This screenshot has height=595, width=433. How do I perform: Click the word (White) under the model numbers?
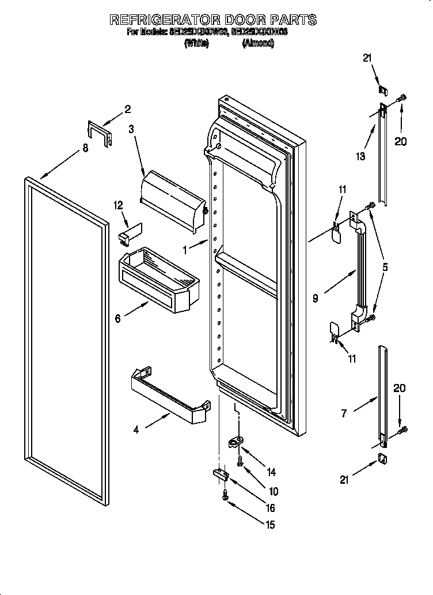[195, 43]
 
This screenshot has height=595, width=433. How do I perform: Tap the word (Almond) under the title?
[257, 43]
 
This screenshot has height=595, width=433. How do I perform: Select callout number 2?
[128, 109]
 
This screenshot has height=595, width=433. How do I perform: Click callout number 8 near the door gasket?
[85, 148]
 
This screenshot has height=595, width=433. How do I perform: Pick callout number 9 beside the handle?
[316, 298]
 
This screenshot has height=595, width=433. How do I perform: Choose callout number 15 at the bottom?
[270, 525]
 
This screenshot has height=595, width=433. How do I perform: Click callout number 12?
[119, 205]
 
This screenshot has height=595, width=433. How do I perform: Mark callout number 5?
[385, 268]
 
